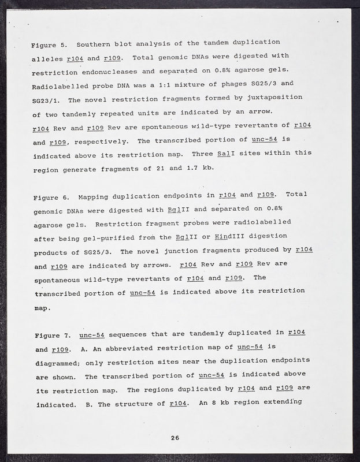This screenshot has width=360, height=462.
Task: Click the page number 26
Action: click(175, 438)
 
